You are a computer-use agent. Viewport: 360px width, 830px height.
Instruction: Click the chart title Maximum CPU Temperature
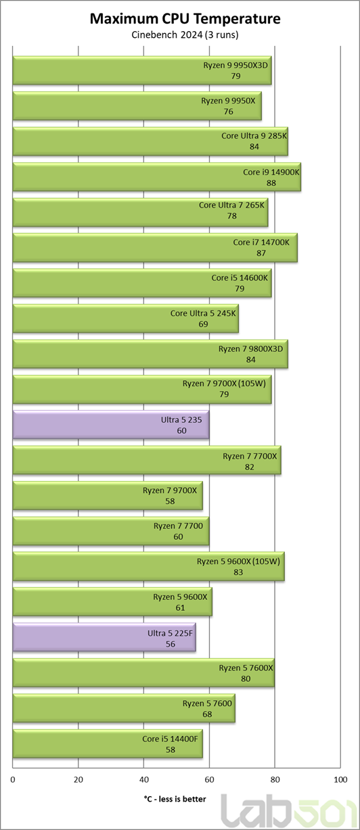[185, 18]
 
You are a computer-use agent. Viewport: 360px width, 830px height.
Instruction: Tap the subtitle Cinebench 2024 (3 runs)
[185, 34]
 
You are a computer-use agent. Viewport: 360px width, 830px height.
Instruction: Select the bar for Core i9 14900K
[157, 177]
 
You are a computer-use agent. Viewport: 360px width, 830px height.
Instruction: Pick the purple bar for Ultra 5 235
[111, 425]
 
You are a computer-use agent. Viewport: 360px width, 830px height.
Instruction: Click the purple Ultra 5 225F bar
[104, 638]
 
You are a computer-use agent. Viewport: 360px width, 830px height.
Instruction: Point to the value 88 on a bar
[271, 183]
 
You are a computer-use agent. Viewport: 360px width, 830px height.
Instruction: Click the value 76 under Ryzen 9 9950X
[228, 112]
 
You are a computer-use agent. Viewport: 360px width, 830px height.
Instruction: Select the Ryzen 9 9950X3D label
[235, 65]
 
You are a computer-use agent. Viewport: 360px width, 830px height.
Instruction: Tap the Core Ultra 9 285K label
[254, 135]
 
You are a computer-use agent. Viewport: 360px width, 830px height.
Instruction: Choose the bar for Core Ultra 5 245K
[126, 319]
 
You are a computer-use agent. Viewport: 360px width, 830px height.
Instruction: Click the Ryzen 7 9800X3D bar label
[250, 348]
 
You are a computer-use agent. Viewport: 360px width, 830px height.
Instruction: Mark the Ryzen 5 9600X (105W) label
[238, 561]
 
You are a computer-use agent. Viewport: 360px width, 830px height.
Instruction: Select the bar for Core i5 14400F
[108, 744]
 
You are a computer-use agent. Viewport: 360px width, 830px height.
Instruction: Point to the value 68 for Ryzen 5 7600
[207, 714]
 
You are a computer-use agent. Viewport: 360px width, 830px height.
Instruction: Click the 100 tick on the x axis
[340, 780]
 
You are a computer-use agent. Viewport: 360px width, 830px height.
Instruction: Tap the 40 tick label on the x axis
[144, 780]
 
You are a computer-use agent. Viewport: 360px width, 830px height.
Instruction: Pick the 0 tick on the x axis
[13, 780]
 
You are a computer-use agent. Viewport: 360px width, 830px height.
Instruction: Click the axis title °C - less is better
[175, 800]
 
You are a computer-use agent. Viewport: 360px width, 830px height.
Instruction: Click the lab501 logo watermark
[289, 811]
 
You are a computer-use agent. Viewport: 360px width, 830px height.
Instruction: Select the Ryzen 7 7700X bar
[147, 460]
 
